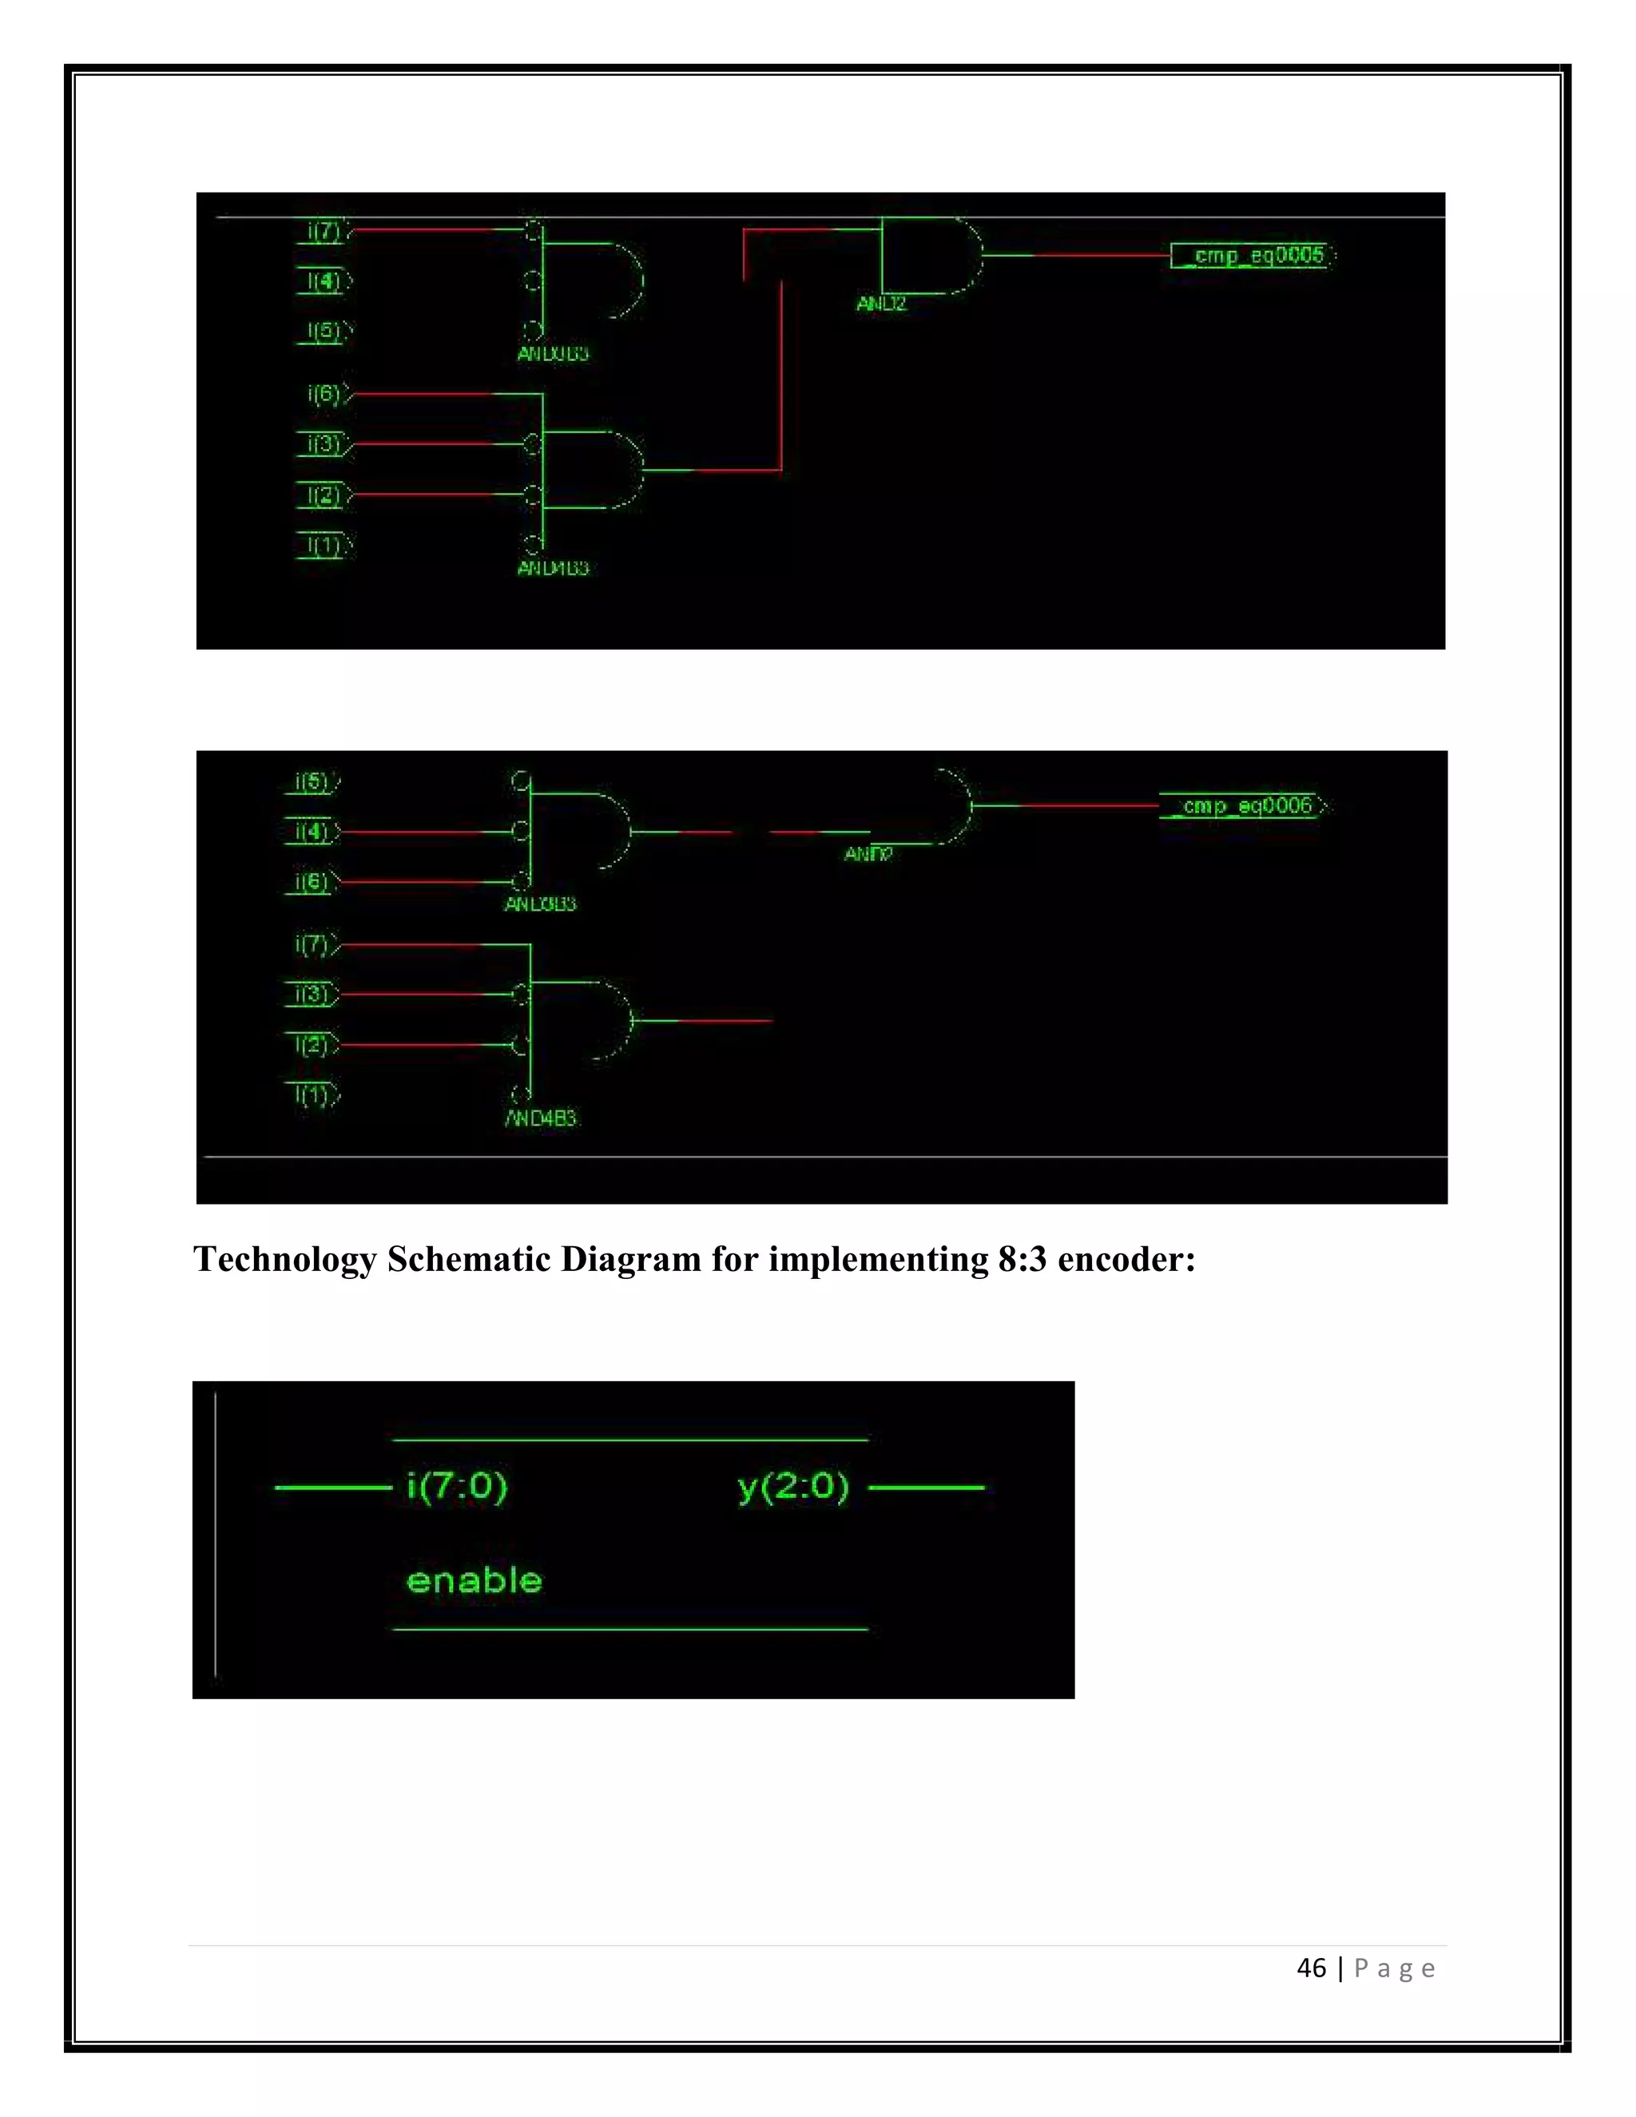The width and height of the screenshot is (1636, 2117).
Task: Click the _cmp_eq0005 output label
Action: click(1257, 255)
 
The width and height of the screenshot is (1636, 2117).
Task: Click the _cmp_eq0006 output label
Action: click(1246, 805)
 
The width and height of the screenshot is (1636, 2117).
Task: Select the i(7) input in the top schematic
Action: click(324, 232)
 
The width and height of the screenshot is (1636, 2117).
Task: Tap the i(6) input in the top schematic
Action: click(324, 394)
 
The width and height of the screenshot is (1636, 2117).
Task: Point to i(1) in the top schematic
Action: click(324, 546)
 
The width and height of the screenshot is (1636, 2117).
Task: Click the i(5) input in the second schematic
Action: click(312, 782)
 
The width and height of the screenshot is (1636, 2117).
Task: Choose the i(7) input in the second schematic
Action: click(312, 944)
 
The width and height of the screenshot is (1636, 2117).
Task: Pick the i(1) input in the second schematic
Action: click(312, 1095)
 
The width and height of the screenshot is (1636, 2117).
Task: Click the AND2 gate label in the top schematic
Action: click(881, 304)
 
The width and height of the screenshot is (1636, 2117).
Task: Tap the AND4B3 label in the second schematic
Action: click(541, 1118)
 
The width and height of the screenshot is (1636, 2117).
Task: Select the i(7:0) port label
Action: click(456, 1486)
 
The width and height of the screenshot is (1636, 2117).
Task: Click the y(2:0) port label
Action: click(792, 1486)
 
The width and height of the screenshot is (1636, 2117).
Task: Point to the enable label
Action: click(474, 1581)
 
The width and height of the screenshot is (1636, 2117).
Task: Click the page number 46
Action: click(1312, 1968)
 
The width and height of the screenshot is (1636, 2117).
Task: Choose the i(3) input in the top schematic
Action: click(324, 445)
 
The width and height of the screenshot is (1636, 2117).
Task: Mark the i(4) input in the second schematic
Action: click(312, 832)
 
